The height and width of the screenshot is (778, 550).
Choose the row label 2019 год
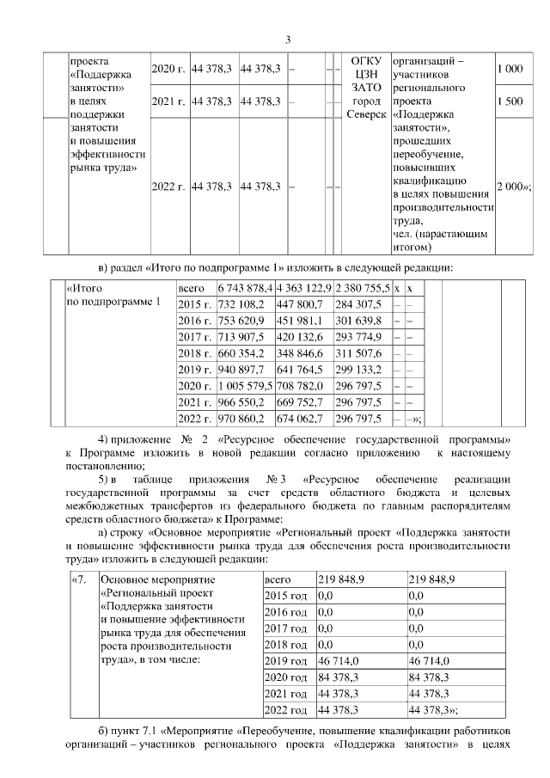tap(286, 660)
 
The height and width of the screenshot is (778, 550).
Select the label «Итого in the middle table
tap(84, 288)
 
